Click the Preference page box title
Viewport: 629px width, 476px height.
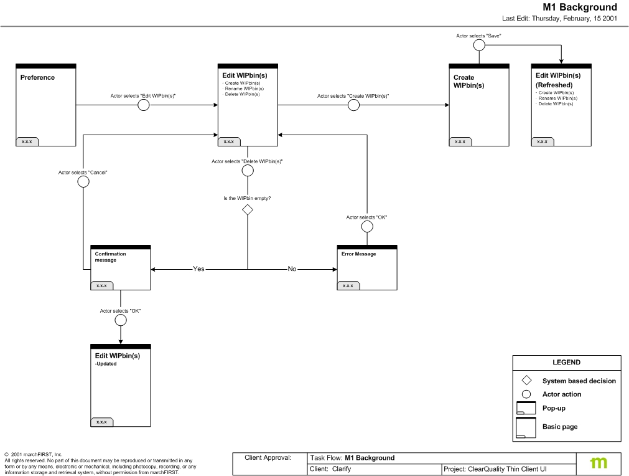point(37,78)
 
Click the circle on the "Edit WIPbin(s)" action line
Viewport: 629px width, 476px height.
point(143,105)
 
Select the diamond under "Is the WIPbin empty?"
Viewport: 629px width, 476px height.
point(248,210)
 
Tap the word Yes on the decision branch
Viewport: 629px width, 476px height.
point(198,269)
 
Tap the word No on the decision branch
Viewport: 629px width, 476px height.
point(292,269)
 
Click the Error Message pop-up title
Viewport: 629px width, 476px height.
point(358,254)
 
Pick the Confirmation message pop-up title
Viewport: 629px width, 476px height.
point(110,257)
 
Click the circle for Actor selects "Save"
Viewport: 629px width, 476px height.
point(479,45)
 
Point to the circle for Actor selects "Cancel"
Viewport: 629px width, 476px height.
point(83,181)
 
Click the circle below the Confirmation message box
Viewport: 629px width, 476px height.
point(120,320)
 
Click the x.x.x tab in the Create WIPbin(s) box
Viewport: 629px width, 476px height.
point(460,141)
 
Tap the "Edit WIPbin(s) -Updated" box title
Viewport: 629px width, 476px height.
point(117,356)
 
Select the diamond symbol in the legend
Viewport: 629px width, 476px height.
point(526,381)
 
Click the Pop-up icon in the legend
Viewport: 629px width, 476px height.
point(526,409)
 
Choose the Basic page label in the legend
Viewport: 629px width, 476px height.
point(559,427)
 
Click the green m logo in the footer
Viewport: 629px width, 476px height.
point(599,463)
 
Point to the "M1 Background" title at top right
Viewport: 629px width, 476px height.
point(580,7)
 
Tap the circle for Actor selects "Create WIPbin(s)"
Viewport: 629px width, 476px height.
point(353,105)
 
